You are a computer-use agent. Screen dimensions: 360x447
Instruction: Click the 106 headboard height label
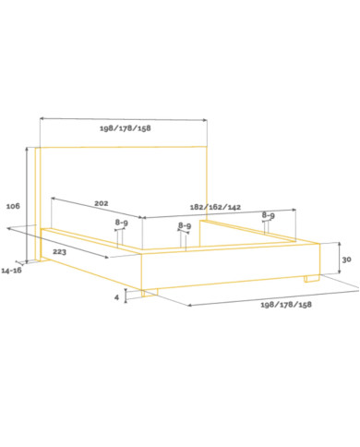pos(13,206)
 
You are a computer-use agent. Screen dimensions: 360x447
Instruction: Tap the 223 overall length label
pos(59,252)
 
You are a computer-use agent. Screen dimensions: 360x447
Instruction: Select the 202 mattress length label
pos(102,203)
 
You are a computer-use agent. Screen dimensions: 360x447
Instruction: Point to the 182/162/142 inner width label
pos(215,207)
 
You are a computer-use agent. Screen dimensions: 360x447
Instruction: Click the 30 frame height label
pos(346,260)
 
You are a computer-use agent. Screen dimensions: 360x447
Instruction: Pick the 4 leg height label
pos(116,297)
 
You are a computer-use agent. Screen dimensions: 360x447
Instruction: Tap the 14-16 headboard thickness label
pos(12,271)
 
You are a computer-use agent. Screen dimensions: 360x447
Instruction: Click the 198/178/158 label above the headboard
pos(126,128)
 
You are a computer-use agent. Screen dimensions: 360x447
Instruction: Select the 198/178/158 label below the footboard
pos(286,305)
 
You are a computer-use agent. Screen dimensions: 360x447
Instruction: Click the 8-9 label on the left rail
pos(122,223)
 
